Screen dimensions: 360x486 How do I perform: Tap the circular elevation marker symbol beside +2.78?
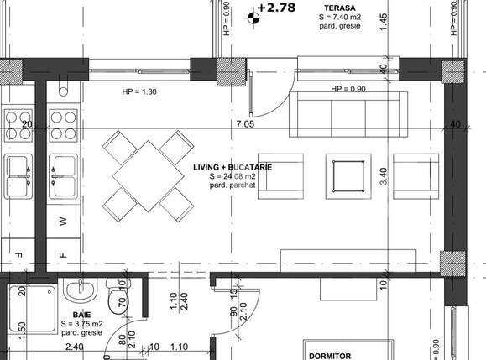pos(253,16)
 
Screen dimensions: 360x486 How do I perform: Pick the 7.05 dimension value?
pos(245,125)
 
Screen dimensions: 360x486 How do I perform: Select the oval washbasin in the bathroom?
pos(82,295)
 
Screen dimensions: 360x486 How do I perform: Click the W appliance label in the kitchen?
pos(63,222)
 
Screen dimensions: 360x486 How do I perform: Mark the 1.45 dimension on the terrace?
pos(384,23)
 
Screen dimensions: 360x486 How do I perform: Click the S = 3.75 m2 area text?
pos(81,324)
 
